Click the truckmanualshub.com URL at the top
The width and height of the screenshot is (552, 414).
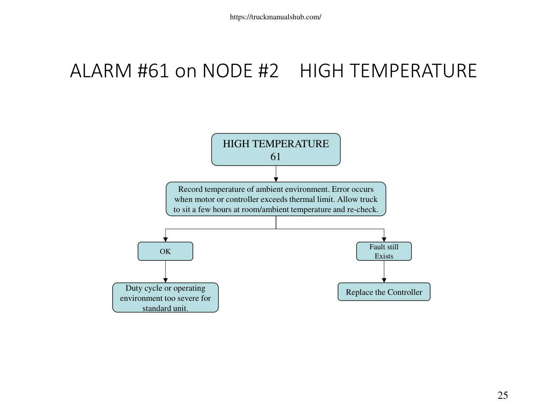(x=276, y=17)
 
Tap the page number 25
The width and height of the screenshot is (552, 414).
(x=502, y=396)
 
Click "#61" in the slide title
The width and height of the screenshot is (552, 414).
(x=153, y=71)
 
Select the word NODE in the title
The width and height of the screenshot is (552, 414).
(x=227, y=71)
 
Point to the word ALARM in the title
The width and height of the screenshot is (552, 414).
(x=101, y=71)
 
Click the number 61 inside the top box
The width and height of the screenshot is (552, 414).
(x=276, y=156)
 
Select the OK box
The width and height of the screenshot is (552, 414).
(x=165, y=251)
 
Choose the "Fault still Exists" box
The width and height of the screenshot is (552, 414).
(x=384, y=251)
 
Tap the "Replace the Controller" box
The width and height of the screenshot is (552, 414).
(x=384, y=292)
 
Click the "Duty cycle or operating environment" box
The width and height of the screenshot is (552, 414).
(x=165, y=297)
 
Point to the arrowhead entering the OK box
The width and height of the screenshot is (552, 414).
(x=165, y=240)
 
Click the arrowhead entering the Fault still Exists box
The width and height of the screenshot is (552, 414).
(x=384, y=240)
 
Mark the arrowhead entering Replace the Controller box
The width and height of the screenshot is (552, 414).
(x=384, y=280)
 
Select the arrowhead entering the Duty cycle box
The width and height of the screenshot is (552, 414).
(x=165, y=280)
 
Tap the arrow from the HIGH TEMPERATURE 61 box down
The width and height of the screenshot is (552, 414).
(x=276, y=174)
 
